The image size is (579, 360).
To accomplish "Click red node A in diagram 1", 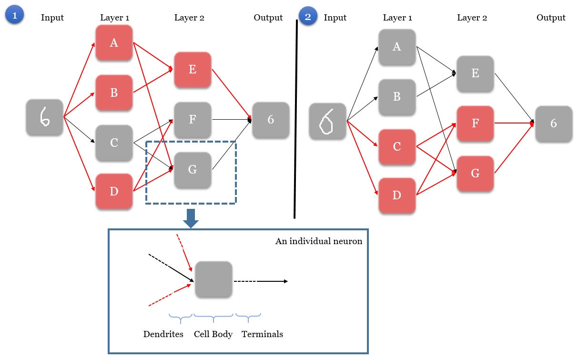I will (114, 43).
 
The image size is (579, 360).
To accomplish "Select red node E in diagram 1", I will (193, 70).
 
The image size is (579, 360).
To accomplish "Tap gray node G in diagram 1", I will (193, 170).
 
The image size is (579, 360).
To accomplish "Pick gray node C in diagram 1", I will (114, 143).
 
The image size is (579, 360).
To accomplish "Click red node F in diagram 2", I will (475, 123).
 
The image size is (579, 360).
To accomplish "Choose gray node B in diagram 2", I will (397, 97).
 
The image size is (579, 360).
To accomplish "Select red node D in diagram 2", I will (397, 195).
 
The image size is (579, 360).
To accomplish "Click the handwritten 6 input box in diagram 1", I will (44, 117).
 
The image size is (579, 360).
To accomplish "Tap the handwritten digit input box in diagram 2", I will (327, 121).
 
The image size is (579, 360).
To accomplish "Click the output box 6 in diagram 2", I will (554, 123).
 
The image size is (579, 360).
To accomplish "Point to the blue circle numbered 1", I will (14, 16).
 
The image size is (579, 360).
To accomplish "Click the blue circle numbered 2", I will (307, 17).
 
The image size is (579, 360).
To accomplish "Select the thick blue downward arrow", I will (191, 218).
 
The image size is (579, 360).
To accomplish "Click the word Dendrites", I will (163, 334).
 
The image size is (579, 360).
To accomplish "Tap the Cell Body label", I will (213, 334).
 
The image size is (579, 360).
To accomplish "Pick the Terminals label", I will (262, 334).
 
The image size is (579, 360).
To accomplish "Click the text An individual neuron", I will (319, 241).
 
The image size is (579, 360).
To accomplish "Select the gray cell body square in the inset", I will (213, 280).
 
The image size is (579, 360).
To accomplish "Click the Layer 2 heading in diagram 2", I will (472, 18).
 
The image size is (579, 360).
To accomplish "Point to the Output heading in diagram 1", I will (268, 18).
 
